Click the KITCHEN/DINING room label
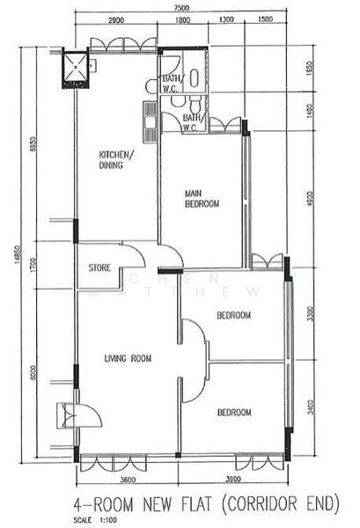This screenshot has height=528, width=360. click(x=116, y=159)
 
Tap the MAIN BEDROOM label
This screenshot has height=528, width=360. click(x=202, y=198)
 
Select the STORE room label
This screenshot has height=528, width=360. click(x=99, y=268)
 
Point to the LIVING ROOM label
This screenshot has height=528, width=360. click(x=128, y=358)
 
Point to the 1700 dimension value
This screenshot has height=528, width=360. click(x=32, y=265)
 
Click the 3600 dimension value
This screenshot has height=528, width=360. click(x=128, y=480)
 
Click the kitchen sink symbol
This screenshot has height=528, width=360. click(x=151, y=117)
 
